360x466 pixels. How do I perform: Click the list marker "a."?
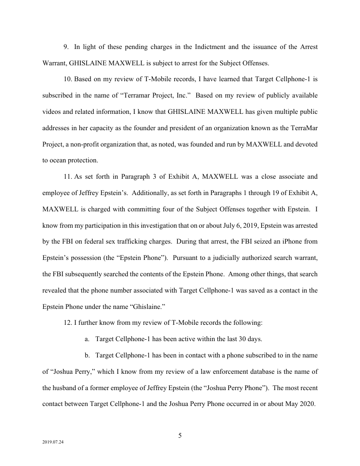pos(87,339)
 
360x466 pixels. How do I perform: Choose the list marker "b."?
pos(87,355)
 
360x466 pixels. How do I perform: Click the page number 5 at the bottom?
pos(180,436)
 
